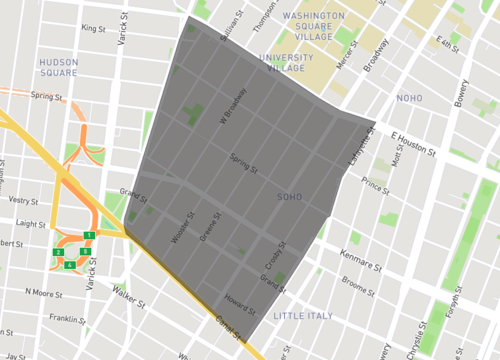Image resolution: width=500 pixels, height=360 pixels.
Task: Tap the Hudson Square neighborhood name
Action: (x=58, y=67)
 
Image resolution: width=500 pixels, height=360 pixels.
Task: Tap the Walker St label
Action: (x=128, y=295)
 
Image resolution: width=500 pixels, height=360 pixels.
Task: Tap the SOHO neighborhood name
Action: (x=289, y=197)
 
